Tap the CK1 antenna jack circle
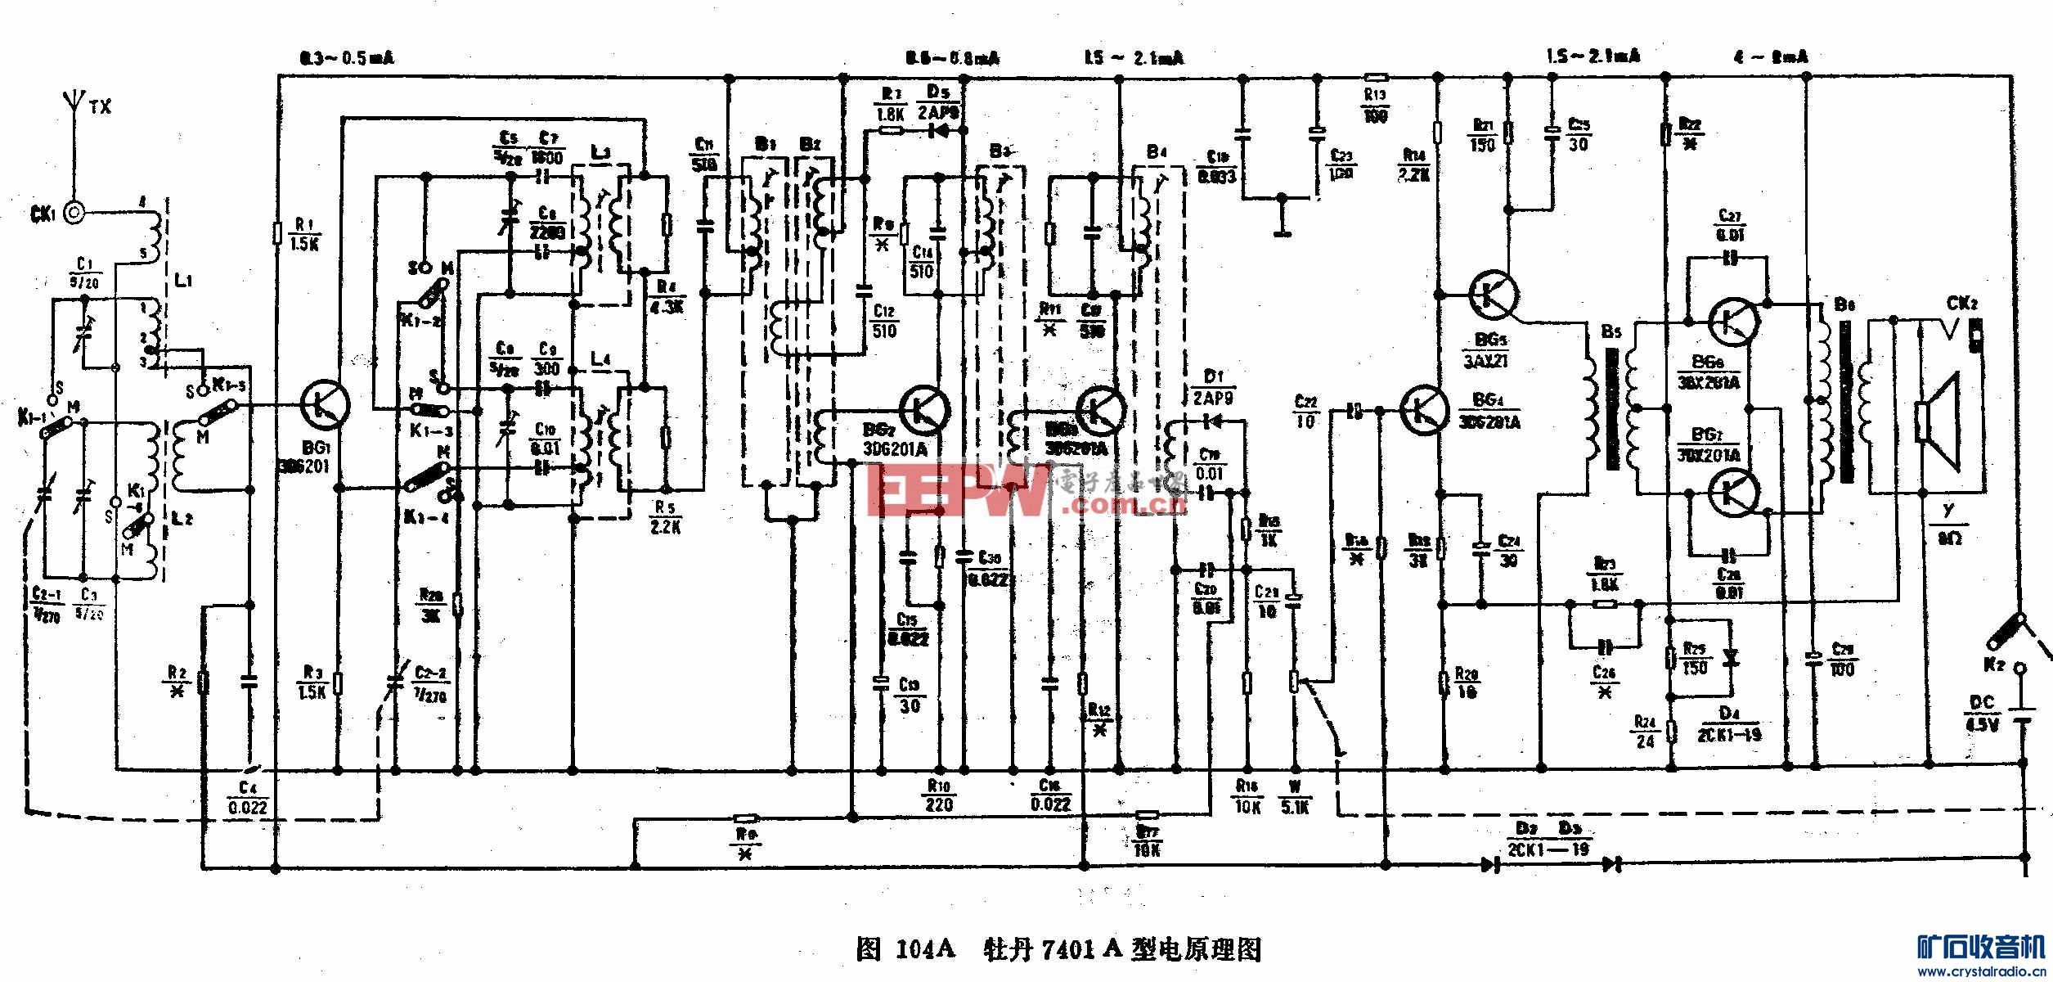(x=74, y=214)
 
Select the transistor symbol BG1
(x=326, y=405)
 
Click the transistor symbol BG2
(x=924, y=408)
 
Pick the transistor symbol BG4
(x=1424, y=409)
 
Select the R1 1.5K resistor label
(x=304, y=234)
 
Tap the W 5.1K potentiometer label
(x=1295, y=799)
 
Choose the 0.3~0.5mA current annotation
(x=347, y=58)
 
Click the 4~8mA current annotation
(x=1770, y=57)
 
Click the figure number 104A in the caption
(x=924, y=949)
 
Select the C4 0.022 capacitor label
(x=248, y=799)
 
